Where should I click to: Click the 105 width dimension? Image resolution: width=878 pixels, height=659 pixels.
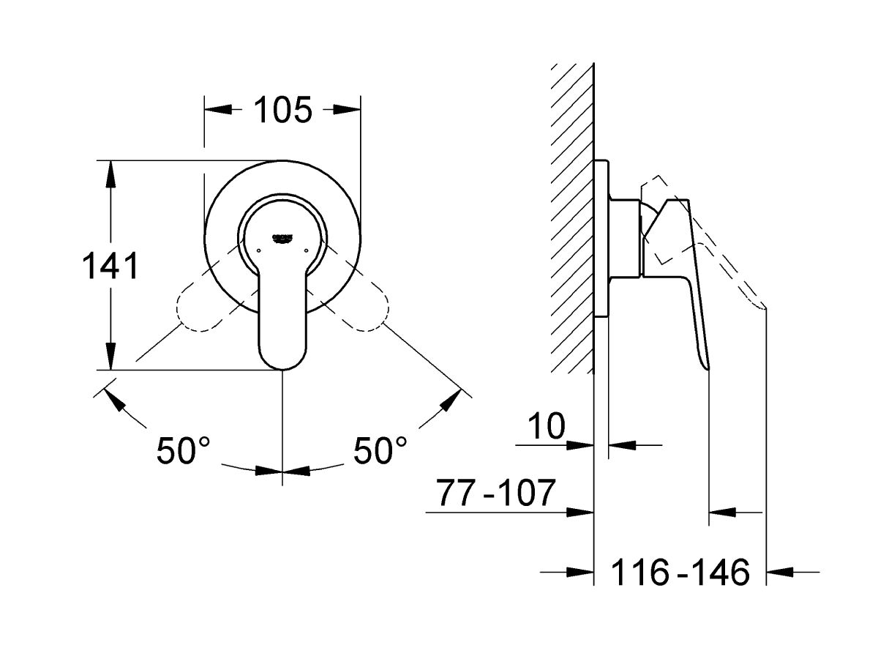click(283, 110)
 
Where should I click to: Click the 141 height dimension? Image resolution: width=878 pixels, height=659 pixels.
click(110, 266)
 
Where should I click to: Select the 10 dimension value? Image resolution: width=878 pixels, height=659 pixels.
click(547, 426)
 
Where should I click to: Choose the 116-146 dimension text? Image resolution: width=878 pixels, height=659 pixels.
click(680, 571)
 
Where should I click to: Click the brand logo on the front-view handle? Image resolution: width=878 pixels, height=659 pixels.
click(283, 237)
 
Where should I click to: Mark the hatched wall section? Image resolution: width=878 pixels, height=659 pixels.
click(572, 220)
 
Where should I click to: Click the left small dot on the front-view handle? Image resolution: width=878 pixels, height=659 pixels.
click(259, 250)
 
